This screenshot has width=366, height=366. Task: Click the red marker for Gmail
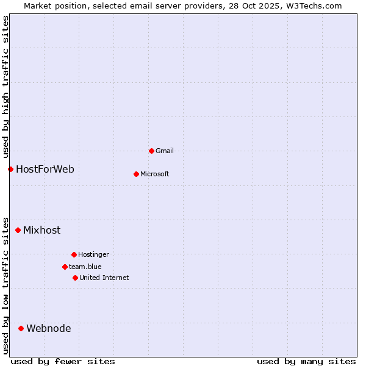(x=151, y=151)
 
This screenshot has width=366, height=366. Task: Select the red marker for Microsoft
(x=136, y=174)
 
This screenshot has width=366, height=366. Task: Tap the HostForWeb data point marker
(x=10, y=169)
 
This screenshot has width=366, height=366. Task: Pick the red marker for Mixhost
(x=18, y=230)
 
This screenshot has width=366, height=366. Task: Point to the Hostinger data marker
(x=74, y=254)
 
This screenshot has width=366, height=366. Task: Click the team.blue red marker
(x=65, y=267)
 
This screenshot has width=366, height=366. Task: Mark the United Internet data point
(x=75, y=278)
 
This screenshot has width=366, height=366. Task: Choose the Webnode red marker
(x=21, y=328)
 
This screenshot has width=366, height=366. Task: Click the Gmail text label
(x=165, y=151)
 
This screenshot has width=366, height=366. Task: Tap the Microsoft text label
(x=155, y=174)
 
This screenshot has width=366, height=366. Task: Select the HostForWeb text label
(x=45, y=169)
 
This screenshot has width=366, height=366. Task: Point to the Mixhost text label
(x=42, y=230)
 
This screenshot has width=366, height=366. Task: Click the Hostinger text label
(x=93, y=254)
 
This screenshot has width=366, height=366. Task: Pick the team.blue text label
(x=85, y=267)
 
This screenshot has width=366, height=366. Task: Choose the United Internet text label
(x=104, y=278)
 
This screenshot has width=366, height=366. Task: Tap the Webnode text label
(x=49, y=328)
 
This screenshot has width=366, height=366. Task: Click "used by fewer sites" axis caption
(x=63, y=361)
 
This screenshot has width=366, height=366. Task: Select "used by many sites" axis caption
(x=306, y=361)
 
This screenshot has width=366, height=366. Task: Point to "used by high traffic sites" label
(x=5, y=87)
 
